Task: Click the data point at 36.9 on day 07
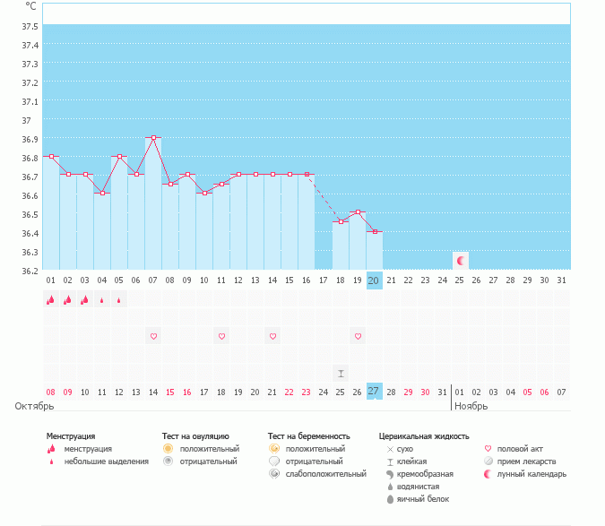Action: tap(153, 137)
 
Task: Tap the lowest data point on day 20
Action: tap(375, 231)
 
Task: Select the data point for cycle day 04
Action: tap(102, 193)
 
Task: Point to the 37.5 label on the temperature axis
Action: tap(30, 27)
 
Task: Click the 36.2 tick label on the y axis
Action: tap(30, 272)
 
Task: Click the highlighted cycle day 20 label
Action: tap(374, 280)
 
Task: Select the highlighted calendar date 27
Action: tap(374, 392)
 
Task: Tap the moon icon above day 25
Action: tap(461, 261)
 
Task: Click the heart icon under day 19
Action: tap(358, 336)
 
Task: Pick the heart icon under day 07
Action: tap(153, 336)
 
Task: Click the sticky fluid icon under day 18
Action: tap(341, 374)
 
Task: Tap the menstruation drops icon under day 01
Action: tap(50, 299)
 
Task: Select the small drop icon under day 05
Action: tap(119, 300)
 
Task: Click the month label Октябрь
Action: tap(34, 406)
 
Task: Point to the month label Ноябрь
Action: tap(471, 406)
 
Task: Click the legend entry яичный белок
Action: tap(423, 499)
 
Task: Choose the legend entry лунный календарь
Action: tap(532, 474)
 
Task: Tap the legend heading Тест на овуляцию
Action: tap(195, 436)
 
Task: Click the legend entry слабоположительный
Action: tap(325, 474)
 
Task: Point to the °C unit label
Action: tap(30, 6)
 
